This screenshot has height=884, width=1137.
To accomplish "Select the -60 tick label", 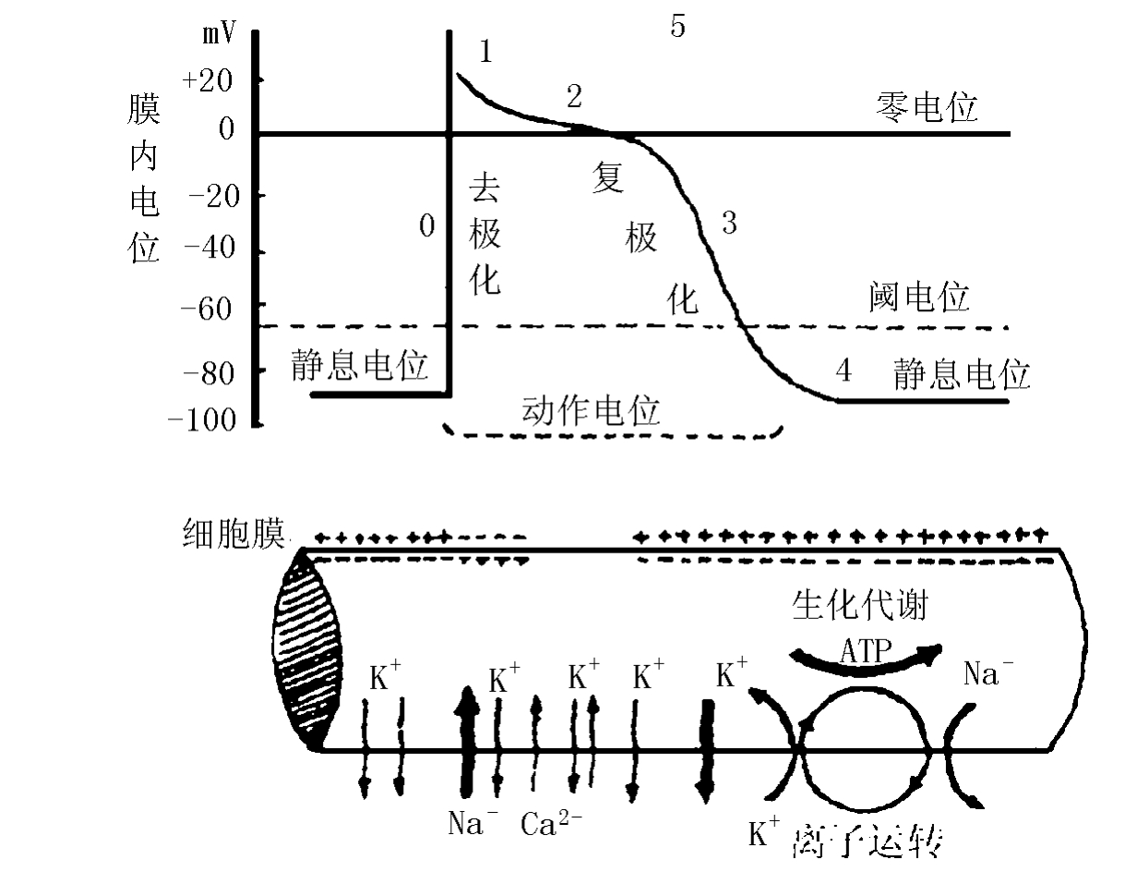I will (x=210, y=305).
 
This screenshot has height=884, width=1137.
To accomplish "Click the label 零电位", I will (x=926, y=108).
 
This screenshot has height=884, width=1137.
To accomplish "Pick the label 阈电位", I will (x=919, y=297).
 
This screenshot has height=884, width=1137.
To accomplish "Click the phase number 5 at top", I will (x=677, y=27).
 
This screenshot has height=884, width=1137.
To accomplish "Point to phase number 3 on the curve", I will (x=729, y=223).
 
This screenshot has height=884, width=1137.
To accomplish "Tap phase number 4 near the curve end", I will (x=843, y=371).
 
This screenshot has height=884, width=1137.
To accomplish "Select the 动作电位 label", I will (x=592, y=409).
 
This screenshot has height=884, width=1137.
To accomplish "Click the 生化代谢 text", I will (x=859, y=606).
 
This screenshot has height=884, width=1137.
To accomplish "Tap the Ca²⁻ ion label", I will (x=551, y=823).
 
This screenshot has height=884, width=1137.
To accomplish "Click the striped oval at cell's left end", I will (x=307, y=647).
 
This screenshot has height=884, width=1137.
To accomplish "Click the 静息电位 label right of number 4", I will (x=961, y=375).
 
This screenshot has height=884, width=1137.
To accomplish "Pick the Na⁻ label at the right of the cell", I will (x=988, y=673).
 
